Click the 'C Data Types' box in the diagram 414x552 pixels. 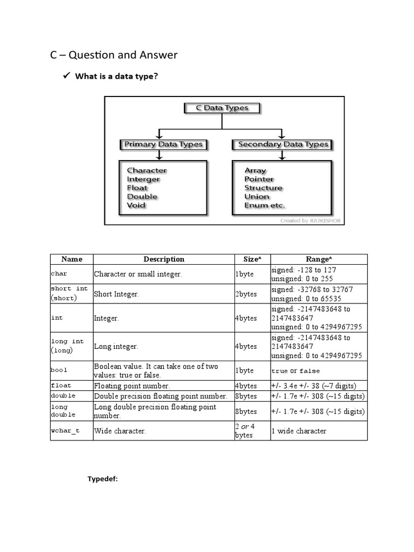click(x=222, y=108)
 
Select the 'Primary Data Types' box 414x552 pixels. click(x=163, y=144)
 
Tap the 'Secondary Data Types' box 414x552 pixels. click(x=282, y=144)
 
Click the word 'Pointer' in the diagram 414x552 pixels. click(x=259, y=179)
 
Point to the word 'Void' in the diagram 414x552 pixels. click(x=136, y=205)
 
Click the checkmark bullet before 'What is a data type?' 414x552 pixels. click(x=67, y=76)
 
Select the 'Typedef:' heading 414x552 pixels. click(x=102, y=479)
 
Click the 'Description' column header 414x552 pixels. click(x=164, y=259)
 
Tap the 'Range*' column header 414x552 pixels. click(x=319, y=259)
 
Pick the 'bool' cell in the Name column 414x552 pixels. click(x=59, y=371)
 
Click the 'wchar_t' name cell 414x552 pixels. click(x=65, y=431)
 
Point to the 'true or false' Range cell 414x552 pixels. click(x=295, y=371)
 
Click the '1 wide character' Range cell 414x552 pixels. click(x=299, y=431)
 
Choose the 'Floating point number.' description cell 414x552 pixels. click(x=132, y=386)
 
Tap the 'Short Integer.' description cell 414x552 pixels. click(x=116, y=294)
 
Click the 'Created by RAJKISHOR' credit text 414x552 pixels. click(x=310, y=220)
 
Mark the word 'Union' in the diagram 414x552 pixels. click(x=257, y=196)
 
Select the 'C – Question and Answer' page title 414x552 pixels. click(x=114, y=55)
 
